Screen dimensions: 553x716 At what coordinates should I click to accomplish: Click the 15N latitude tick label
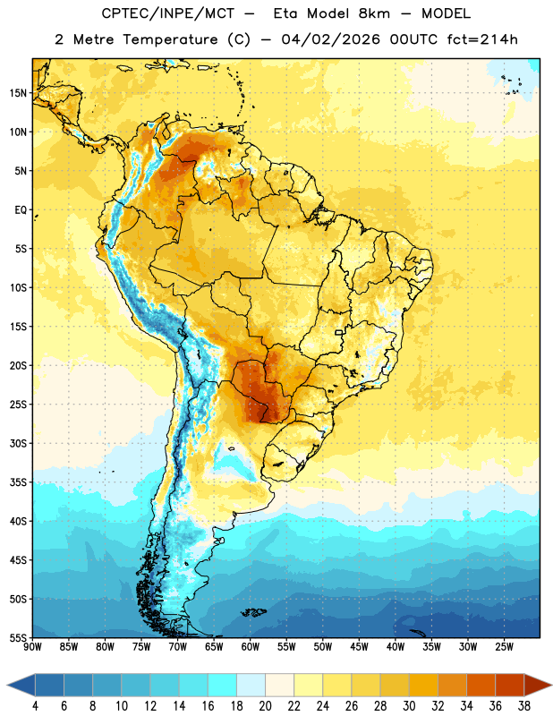[x=18, y=93]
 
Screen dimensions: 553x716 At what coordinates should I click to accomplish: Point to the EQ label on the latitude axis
[x=21, y=210]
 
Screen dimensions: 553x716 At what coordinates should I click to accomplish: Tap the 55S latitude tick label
[x=18, y=637]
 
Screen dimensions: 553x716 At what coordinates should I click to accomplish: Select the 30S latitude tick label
[x=18, y=443]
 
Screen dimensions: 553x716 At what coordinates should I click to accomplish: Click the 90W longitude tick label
[x=32, y=646]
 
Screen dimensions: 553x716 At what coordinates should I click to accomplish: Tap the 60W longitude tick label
[x=251, y=646]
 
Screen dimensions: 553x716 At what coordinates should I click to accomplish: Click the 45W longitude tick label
[x=359, y=646]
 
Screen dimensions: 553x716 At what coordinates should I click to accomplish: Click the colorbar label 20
[x=265, y=706]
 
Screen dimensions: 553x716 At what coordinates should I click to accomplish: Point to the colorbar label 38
[x=524, y=706]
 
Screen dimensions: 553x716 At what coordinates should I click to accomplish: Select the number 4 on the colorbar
[x=35, y=706]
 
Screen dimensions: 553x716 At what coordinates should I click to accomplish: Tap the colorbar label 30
[x=409, y=706]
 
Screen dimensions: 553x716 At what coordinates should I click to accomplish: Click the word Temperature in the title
[x=170, y=39]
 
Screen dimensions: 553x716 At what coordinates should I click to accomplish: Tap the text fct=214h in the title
[x=482, y=39]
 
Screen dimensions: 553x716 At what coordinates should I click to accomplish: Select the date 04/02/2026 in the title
[x=330, y=39]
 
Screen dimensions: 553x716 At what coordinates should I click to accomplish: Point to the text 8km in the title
[x=374, y=13]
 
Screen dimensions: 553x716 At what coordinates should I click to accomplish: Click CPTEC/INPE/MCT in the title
[x=167, y=13]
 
